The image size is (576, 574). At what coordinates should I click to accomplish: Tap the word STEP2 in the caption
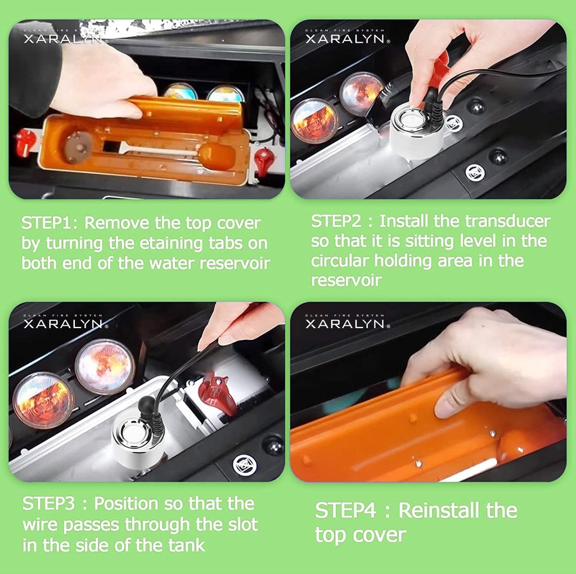tap(336, 221)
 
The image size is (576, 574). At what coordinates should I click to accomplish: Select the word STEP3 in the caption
tap(48, 504)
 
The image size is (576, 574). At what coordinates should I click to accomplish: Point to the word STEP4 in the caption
tap(345, 510)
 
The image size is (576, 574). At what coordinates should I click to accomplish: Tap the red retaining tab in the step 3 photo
tap(218, 394)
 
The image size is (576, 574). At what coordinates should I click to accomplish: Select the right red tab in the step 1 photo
tap(264, 162)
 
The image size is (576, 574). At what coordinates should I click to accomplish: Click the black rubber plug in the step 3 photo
tap(147, 405)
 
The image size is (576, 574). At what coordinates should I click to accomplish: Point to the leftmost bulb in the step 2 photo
tap(314, 120)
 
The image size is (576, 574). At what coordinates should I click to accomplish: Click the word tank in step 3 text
tap(187, 545)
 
